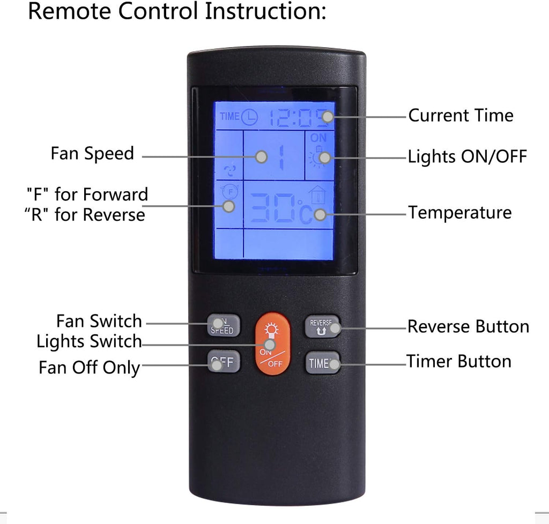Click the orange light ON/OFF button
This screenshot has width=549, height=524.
coord(273,343)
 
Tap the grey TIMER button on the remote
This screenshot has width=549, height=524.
coord(322,363)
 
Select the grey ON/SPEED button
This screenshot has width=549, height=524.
coord(224,326)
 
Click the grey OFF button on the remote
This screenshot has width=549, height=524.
coord(224,361)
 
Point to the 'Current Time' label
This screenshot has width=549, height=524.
coord(461,115)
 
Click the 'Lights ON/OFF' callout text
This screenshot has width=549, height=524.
coord(468,156)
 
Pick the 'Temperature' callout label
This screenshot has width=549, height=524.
coord(460,213)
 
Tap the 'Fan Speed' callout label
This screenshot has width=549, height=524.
coord(92,154)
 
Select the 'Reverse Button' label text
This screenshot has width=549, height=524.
coord(468,326)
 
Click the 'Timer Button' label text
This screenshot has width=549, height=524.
coord(459,361)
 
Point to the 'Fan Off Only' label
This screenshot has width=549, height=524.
coord(90,368)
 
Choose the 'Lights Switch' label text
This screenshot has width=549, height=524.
coord(89,341)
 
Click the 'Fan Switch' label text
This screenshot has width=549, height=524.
coord(99,321)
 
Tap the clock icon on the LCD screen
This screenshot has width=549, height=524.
coord(250,117)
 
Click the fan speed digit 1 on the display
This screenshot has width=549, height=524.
coord(281,158)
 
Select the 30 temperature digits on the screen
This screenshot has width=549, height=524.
coord(273,208)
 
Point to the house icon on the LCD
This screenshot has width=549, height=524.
coord(317,195)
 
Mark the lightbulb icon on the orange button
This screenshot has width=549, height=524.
coord(271,330)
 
